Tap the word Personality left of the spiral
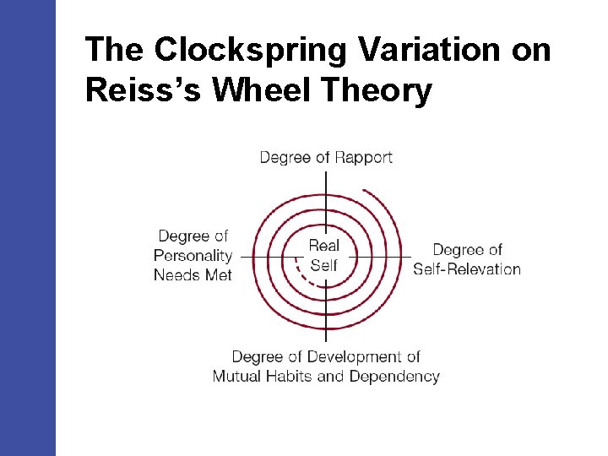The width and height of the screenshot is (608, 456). (x=193, y=256)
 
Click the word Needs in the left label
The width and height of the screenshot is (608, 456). (x=176, y=274)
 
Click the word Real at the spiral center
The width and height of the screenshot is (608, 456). (x=323, y=246)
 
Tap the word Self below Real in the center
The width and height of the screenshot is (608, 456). (x=323, y=265)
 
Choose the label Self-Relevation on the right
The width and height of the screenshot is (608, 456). (x=467, y=269)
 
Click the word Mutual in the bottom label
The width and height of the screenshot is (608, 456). (x=237, y=377)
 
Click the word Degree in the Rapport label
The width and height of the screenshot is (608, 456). (x=284, y=157)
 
